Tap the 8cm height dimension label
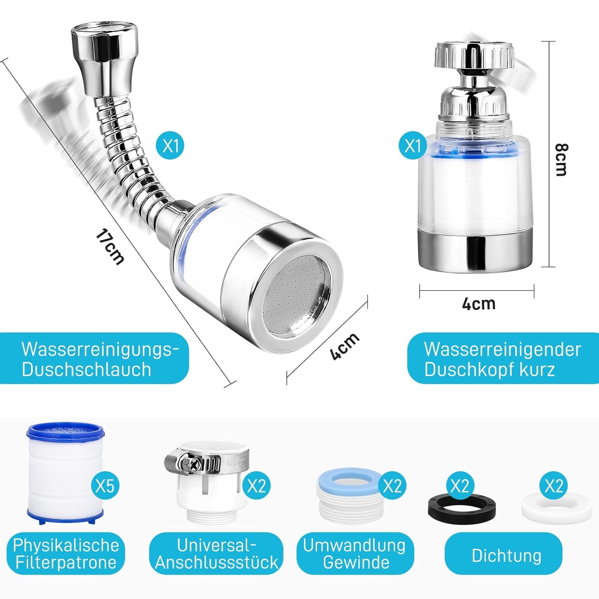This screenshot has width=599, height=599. click(561, 160)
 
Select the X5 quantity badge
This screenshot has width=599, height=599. click(105, 486)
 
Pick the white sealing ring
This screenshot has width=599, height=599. click(557, 507)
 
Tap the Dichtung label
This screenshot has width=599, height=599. click(506, 555)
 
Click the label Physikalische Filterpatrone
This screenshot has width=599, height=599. click(66, 554)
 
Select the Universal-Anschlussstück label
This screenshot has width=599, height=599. click(216, 554)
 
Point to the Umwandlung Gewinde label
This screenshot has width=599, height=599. click(355, 554)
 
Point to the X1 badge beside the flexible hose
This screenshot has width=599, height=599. click(171, 146)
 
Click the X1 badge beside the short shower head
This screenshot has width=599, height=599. click(413, 146)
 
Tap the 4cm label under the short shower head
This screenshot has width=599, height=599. click(479, 304)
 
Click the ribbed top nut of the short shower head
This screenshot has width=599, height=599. click(474, 56)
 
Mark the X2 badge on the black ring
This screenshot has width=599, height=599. click(460, 486)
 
